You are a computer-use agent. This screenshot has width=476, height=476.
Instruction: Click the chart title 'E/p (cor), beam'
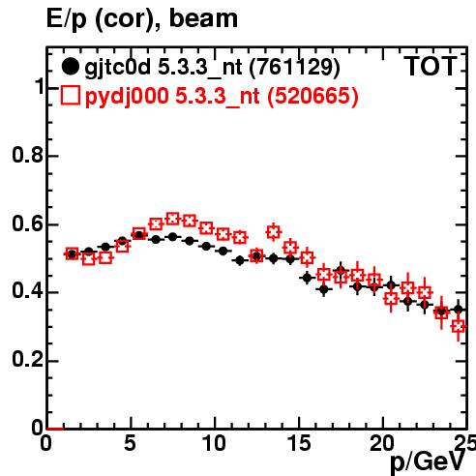142,18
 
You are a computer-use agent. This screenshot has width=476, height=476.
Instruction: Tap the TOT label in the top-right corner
431,66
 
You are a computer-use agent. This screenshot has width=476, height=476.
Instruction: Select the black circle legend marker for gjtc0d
70,67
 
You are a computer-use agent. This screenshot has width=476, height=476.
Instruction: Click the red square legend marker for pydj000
70,96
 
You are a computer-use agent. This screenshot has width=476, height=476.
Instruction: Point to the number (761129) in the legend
295,67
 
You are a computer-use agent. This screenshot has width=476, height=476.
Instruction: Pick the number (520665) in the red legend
312,96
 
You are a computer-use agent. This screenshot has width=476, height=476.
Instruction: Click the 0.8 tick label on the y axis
27,155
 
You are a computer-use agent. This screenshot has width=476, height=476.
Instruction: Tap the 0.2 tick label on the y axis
27,360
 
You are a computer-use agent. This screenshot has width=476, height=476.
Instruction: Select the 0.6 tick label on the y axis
27,223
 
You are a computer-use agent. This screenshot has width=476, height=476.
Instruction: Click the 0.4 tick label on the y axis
27,291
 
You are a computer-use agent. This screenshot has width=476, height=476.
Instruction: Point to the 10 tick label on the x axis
214,443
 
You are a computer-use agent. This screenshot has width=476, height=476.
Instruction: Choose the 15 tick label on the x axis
298,443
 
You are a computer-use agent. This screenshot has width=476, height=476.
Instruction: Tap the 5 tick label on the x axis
130,443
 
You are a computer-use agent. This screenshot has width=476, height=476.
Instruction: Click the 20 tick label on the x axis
382,443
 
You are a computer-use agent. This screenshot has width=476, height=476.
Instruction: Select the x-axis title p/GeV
428,461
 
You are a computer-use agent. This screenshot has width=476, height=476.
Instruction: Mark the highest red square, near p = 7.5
172,219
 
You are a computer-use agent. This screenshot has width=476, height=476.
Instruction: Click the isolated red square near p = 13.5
274,232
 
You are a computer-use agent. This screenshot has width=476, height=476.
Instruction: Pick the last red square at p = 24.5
459,326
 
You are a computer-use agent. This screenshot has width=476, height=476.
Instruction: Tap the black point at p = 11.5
240,260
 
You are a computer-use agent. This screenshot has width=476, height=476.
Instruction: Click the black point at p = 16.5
324,289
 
